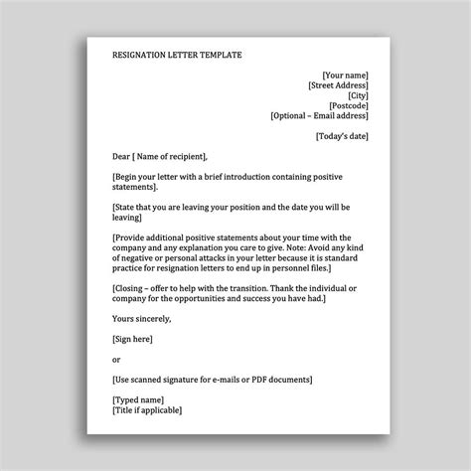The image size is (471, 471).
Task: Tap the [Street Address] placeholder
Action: [x=339, y=86]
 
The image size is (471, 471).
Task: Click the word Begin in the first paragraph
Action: [x=131, y=176]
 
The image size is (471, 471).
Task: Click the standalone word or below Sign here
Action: [x=117, y=359]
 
